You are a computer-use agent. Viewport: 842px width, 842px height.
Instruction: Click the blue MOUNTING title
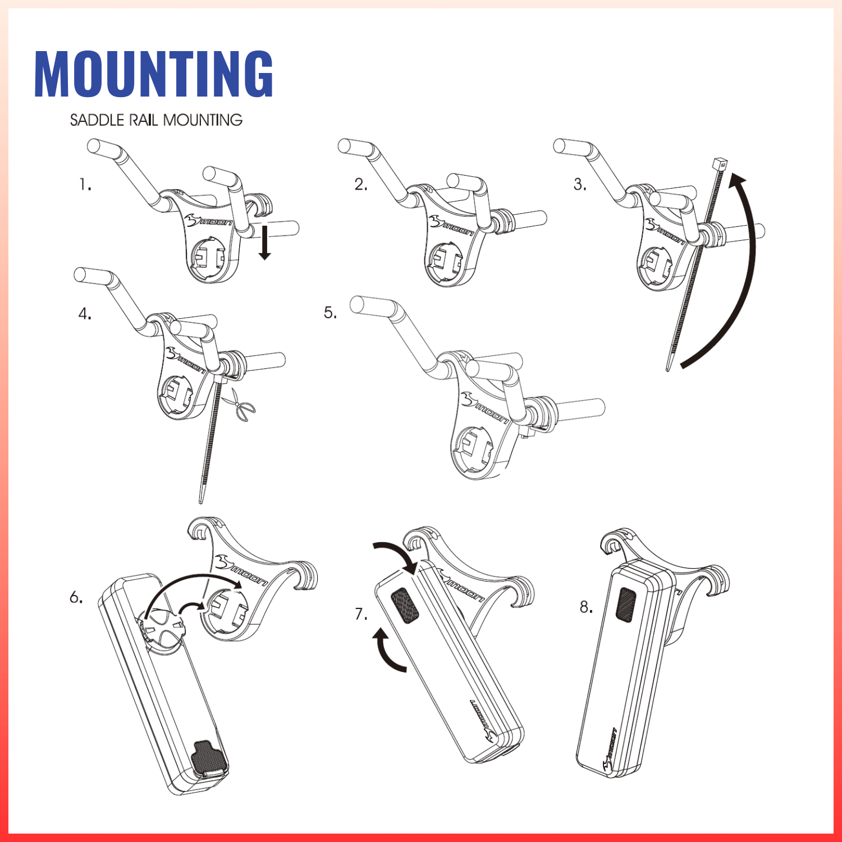[154, 74]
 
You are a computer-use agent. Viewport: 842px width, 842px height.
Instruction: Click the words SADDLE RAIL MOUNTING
[156, 120]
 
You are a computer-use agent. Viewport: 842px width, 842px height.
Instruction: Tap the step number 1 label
[85, 184]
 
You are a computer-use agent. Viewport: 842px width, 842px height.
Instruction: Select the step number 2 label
[360, 184]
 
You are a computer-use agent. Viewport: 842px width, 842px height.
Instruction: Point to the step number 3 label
[580, 184]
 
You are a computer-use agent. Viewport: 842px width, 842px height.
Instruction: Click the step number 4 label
[85, 314]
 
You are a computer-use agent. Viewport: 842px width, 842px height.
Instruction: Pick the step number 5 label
[330, 313]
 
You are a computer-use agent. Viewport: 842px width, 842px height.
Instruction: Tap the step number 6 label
[76, 597]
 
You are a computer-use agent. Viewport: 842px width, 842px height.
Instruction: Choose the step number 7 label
[361, 614]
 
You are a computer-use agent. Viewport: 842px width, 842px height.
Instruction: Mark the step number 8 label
[586, 607]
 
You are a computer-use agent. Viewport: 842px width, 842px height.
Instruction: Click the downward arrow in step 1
[264, 242]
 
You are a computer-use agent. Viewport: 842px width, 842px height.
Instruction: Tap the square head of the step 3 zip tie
[720, 164]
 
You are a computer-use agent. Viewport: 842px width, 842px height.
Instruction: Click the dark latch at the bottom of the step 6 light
[210, 759]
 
